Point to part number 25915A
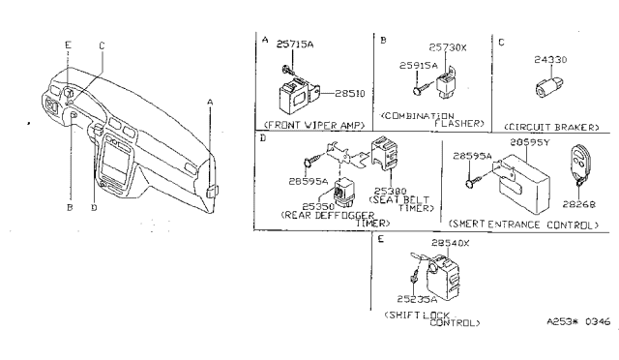(x=417, y=66)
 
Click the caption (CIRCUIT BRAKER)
(x=551, y=127)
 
